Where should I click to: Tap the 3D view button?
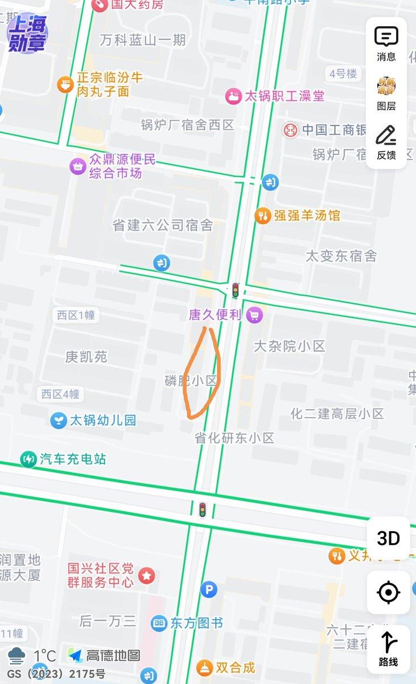coord(388,538)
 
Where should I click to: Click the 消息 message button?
coord(386,43)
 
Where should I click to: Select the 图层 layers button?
coord(386,93)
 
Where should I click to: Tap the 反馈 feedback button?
coord(386,142)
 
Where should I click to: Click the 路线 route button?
coord(388,649)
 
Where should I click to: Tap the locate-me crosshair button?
coord(388,593)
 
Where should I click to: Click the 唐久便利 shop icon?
coord(256,314)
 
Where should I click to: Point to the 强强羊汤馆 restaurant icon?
coord(262,215)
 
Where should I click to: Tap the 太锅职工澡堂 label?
coord(285,96)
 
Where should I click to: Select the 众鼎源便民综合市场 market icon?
coord(77,166)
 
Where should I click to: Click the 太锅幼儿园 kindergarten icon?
coord(58,421)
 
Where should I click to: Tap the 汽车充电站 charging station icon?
coord(28,459)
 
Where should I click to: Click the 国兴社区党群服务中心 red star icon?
coord(147,575)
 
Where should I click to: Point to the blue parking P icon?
coord(209,589)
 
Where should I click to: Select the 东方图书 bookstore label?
coord(196,623)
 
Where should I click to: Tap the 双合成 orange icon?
coord(204,667)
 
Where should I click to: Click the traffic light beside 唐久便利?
coord(235,290)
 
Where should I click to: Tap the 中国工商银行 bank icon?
coord(290,129)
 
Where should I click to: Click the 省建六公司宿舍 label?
coord(163,226)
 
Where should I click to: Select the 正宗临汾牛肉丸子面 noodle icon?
coord(65,85)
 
